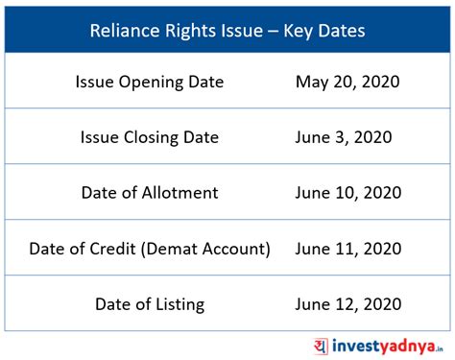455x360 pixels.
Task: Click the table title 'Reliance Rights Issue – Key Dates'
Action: click(227, 31)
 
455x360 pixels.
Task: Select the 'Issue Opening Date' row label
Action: click(150, 83)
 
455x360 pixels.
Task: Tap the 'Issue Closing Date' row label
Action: click(150, 137)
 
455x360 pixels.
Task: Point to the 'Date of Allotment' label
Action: click(150, 193)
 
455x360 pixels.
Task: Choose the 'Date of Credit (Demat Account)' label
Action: click(150, 249)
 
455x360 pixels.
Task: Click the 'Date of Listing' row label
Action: click(150, 304)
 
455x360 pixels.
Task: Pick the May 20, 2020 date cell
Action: click(347, 83)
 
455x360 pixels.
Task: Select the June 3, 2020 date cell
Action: click(347, 137)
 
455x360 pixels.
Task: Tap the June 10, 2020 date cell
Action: click(347, 193)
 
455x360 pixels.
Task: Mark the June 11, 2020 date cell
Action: click(347, 249)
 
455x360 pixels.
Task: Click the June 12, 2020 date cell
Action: click(347, 304)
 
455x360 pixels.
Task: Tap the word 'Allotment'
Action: click(177, 193)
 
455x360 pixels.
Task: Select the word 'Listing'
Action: click(174, 304)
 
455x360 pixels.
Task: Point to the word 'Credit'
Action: click(111, 249)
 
